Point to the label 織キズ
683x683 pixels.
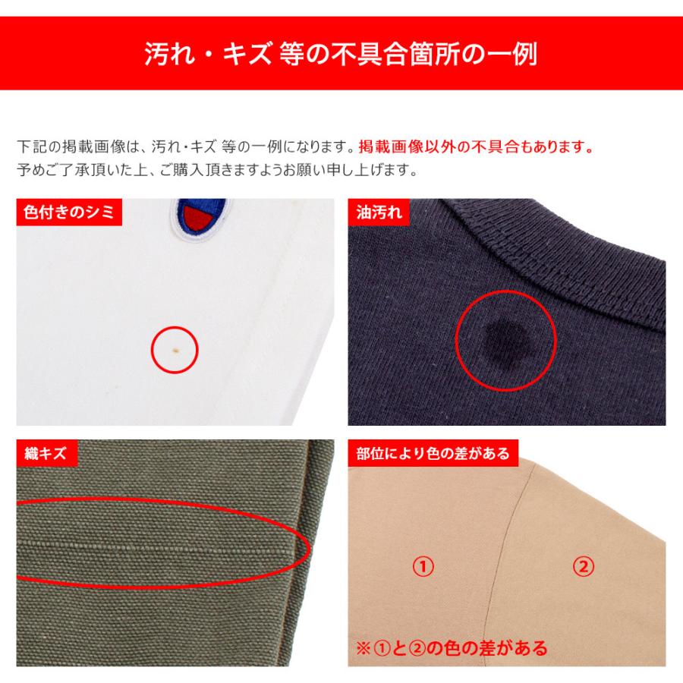(x=46, y=455)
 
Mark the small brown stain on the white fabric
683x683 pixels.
(x=176, y=350)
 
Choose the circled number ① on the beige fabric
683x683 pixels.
(x=422, y=566)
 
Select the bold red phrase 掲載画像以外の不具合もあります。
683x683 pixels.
(x=475, y=146)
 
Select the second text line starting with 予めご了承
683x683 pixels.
(x=216, y=169)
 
